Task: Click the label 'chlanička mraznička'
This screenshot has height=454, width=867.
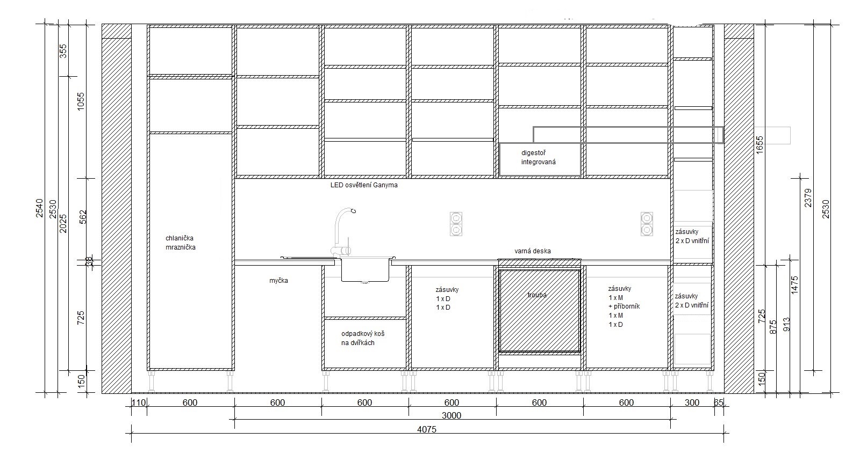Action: (x=181, y=243)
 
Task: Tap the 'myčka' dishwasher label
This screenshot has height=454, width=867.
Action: (x=278, y=281)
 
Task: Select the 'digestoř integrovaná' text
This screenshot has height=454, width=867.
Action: (x=539, y=158)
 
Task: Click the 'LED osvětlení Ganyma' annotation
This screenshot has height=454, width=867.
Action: (x=364, y=185)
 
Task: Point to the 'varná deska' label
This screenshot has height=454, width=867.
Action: (x=533, y=251)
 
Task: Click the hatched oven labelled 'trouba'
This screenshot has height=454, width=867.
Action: (x=540, y=311)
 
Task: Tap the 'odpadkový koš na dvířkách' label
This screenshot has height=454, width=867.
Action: (x=363, y=339)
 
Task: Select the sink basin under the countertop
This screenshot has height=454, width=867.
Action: (x=365, y=270)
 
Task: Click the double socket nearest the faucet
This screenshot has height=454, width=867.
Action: (x=456, y=224)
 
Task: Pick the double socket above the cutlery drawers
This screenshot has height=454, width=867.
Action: (x=647, y=224)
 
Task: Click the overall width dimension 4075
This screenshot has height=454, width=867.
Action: (x=427, y=429)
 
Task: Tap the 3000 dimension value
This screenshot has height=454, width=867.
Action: (x=452, y=416)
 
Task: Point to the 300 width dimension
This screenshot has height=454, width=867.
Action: (x=692, y=402)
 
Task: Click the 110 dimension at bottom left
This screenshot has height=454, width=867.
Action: (x=139, y=402)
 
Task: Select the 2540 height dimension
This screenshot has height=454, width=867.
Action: (x=40, y=208)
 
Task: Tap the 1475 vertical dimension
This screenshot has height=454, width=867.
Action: (x=794, y=285)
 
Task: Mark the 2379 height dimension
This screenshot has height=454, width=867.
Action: (x=808, y=198)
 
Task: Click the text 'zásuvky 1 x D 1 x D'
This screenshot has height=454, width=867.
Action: (x=447, y=298)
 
